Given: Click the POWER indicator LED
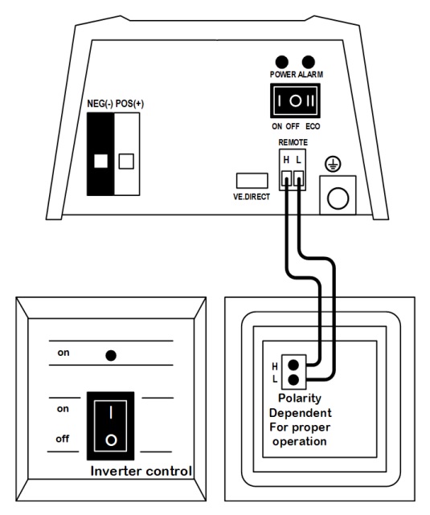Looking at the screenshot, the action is tap(282, 62).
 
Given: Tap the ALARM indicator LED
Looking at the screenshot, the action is tap(308, 62).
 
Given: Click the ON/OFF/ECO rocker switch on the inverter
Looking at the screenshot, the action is tap(295, 100).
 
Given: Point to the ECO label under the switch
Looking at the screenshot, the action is tap(313, 126).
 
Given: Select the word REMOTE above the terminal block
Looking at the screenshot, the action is tap(293, 142).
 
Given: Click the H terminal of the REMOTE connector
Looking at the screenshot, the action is tap(287, 179).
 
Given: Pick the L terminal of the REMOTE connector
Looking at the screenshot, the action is tap(299, 179).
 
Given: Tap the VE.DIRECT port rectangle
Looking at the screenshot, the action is tap(252, 181).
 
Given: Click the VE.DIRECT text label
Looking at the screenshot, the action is tap(252, 197).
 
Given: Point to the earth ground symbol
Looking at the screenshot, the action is tap(333, 164).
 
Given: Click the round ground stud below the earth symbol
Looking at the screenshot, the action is tap(338, 198).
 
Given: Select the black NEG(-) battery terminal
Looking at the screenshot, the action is tap(100, 154).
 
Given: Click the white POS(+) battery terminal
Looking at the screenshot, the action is tap(127, 154).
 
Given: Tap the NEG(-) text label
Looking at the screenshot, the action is tap(100, 104).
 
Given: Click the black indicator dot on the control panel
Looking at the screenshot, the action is tap(111, 355).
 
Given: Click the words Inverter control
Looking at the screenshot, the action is tap(141, 471).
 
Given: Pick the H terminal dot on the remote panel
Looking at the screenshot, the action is tap(293, 365).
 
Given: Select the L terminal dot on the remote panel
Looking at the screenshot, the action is tap(293, 380).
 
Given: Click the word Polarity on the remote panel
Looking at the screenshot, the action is tap(300, 399).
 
